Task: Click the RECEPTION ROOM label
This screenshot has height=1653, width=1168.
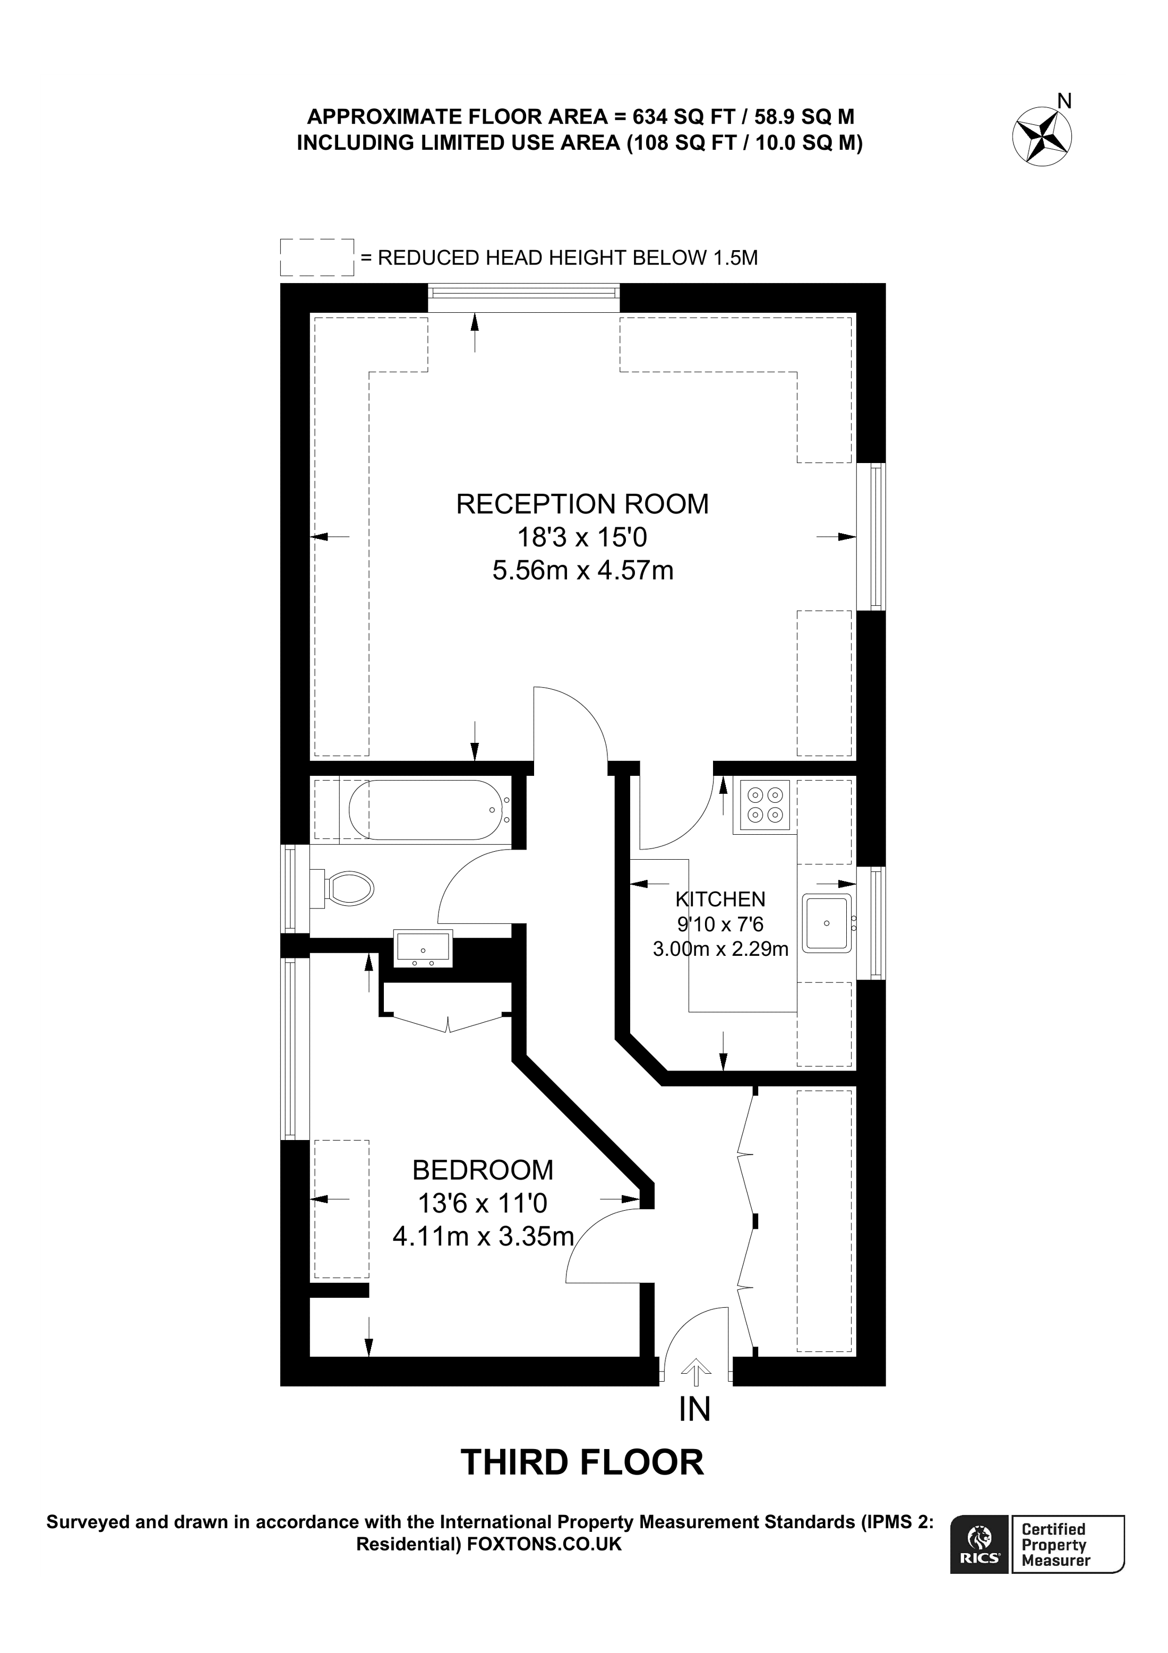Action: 582,504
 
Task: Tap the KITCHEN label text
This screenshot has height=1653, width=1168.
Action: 720,898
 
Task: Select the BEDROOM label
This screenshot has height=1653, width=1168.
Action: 483,1170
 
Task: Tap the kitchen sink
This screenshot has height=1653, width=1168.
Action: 827,922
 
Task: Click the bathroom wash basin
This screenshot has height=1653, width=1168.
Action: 423,947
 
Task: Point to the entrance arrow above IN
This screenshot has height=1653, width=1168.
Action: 695,1372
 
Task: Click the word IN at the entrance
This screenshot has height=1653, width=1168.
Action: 695,1409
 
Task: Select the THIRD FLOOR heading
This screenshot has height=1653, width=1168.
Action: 581,1463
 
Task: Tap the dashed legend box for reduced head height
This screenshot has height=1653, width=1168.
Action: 316,257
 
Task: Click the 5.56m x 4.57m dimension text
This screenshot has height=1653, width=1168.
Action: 582,571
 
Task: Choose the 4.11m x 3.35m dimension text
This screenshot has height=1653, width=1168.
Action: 483,1236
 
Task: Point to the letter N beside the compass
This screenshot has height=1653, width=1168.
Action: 1064,101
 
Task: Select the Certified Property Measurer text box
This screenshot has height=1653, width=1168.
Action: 1067,1544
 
